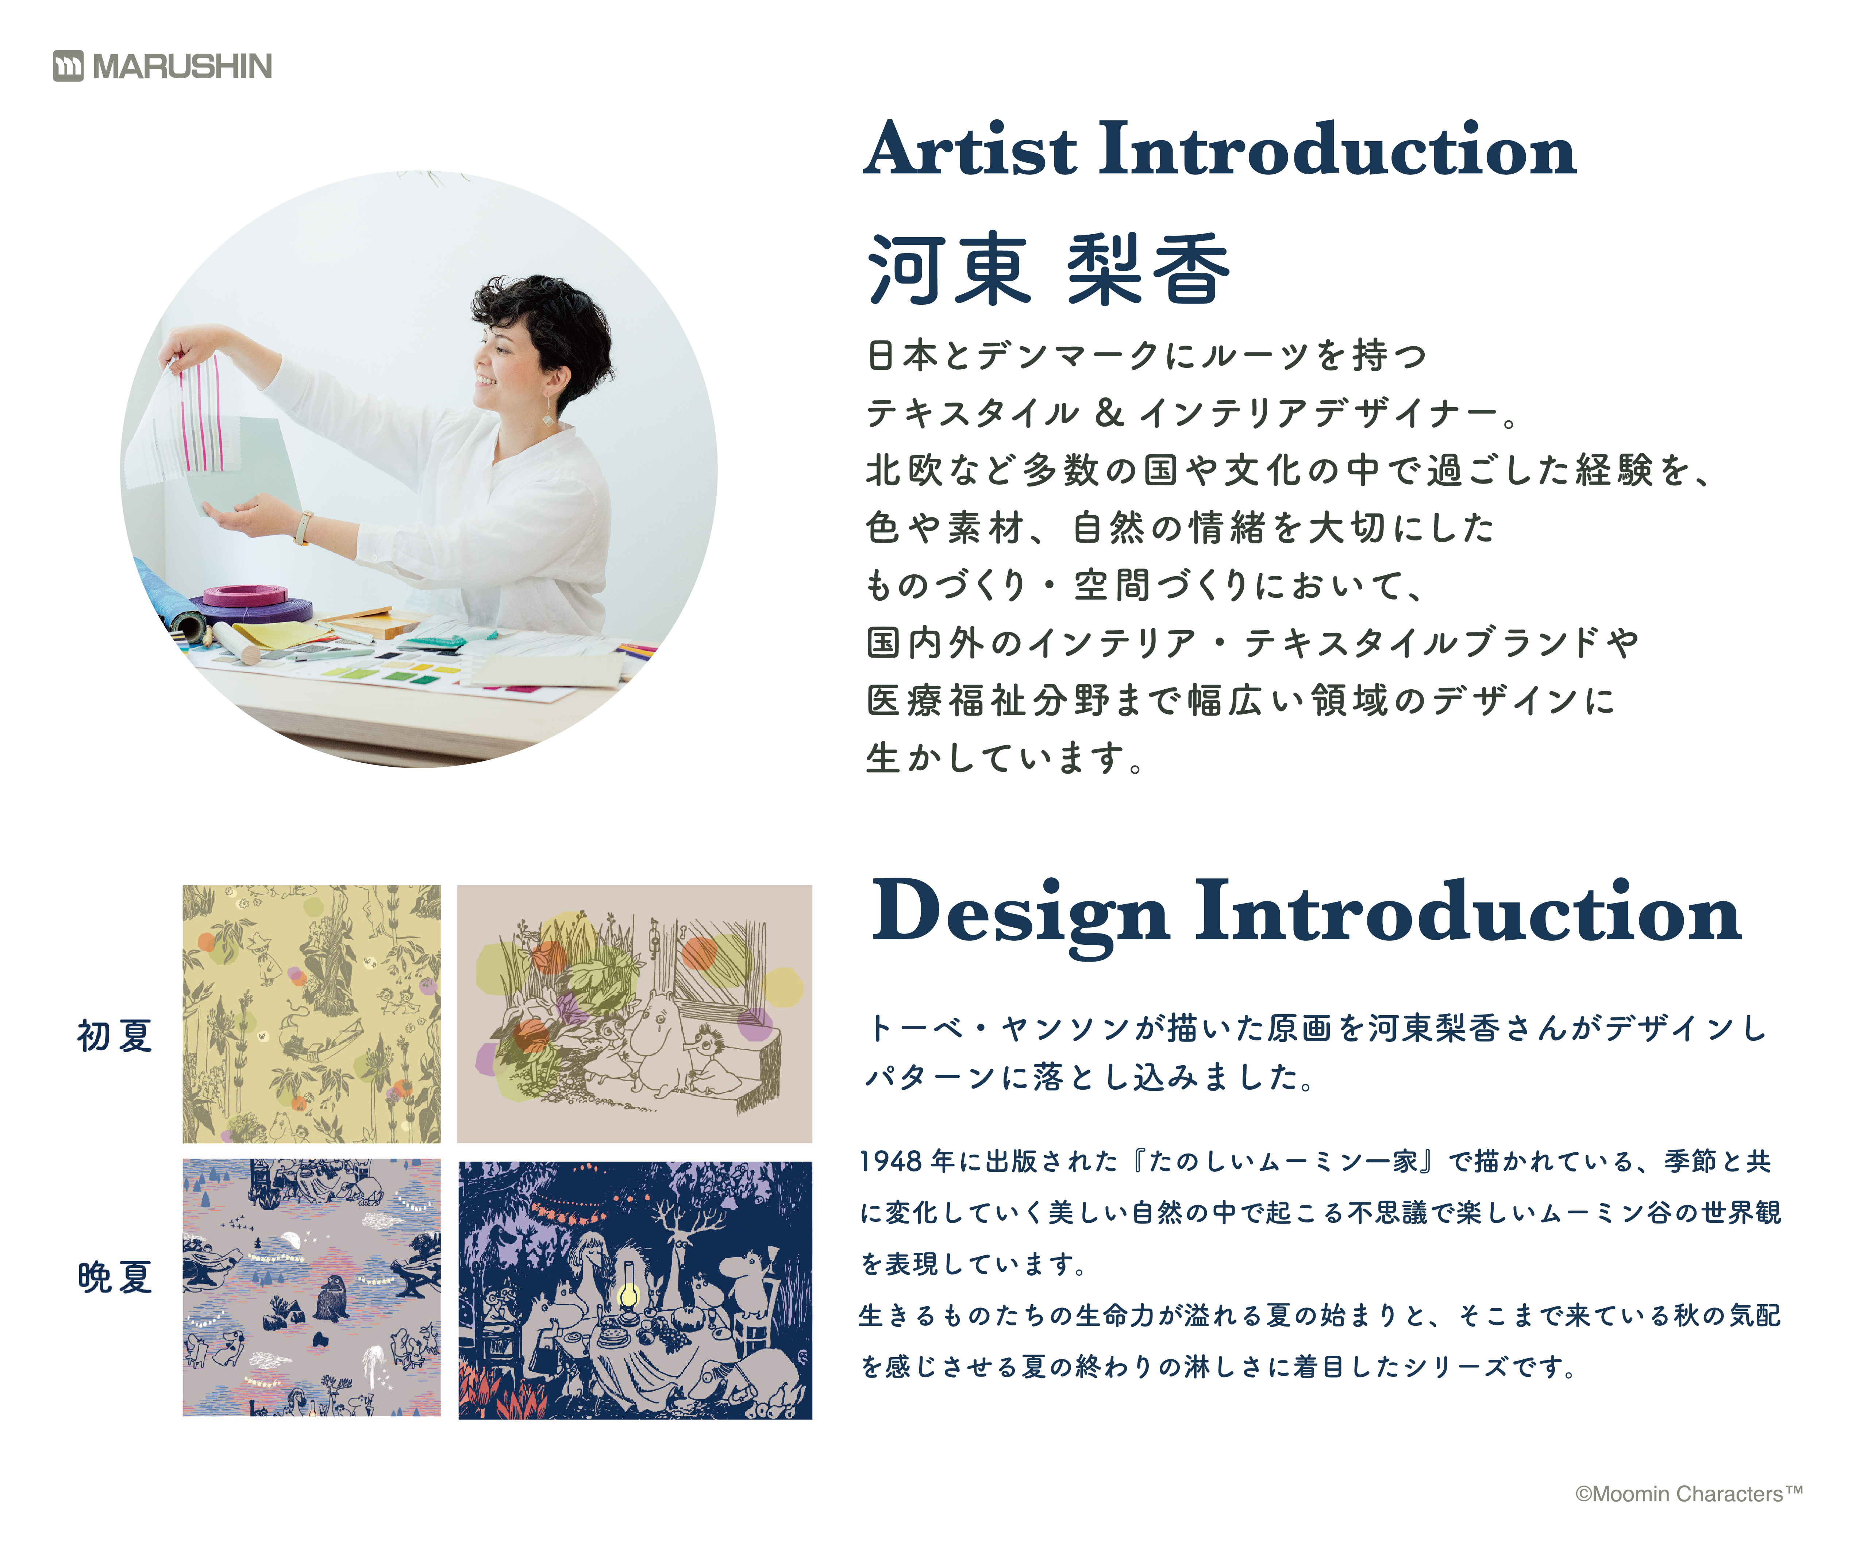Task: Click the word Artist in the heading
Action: (970, 148)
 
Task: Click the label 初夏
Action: (115, 1036)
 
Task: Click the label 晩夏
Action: (115, 1276)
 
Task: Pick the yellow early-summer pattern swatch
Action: (311, 1014)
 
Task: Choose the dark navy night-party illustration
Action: (635, 1290)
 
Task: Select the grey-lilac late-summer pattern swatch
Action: (311, 1288)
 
